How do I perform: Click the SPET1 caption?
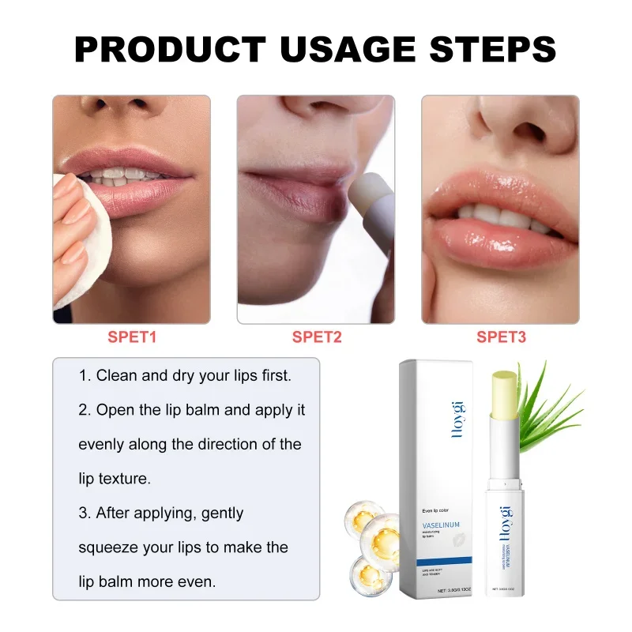point(132,337)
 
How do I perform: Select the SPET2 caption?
point(316,337)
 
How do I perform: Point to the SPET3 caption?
point(501,337)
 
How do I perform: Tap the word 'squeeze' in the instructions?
point(107,547)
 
